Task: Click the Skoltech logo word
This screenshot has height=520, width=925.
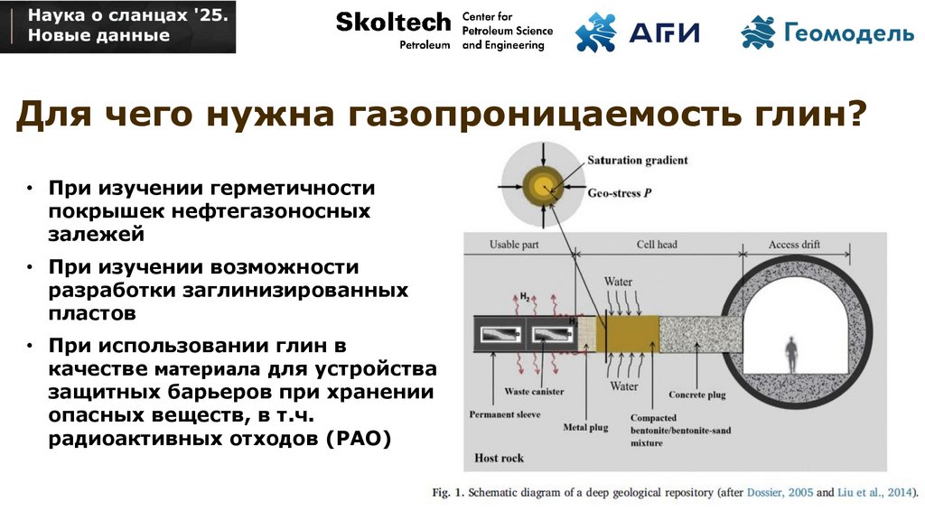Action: (x=393, y=22)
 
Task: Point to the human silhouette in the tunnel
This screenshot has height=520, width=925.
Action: (x=792, y=355)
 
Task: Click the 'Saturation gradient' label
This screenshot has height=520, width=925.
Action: (x=637, y=161)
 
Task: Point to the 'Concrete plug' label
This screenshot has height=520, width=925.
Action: (x=698, y=395)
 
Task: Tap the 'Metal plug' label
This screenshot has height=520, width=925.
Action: (x=586, y=427)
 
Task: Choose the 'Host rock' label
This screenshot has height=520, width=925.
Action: (x=499, y=459)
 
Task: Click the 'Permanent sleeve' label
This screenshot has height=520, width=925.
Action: (x=504, y=415)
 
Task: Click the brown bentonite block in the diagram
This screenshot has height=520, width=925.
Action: (x=627, y=334)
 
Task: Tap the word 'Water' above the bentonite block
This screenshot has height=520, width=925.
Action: (x=618, y=282)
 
